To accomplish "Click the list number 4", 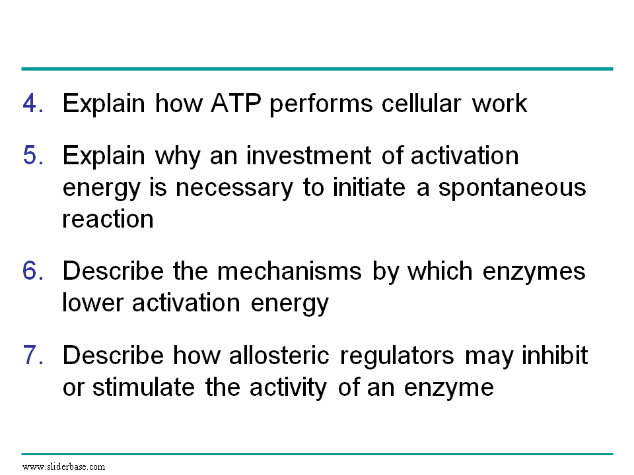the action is pyautogui.click(x=33, y=103).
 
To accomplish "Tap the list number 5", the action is pyautogui.click(x=33, y=155).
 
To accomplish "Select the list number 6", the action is pyautogui.click(x=33, y=270).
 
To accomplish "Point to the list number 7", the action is pyautogui.click(x=33, y=355).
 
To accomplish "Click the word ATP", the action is pyautogui.click(x=236, y=103).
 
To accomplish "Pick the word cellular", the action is pyautogui.click(x=421, y=103).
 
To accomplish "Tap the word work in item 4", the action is pyautogui.click(x=500, y=103).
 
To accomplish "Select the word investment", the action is pyautogui.click(x=308, y=155).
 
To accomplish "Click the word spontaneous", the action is pyautogui.click(x=512, y=188).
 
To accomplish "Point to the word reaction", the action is pyautogui.click(x=108, y=219).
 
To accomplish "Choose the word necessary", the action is pyautogui.click(x=234, y=188).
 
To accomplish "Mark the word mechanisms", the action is pyautogui.click(x=289, y=270).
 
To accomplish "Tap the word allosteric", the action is pyautogui.click(x=279, y=355).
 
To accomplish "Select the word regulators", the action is pyautogui.click(x=397, y=356).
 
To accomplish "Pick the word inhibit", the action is pyautogui.click(x=554, y=355).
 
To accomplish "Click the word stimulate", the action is pyautogui.click(x=143, y=387).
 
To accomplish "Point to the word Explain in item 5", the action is pyautogui.click(x=104, y=156).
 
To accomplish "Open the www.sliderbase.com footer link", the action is pyautogui.click(x=64, y=467).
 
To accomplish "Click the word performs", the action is pyautogui.click(x=321, y=104).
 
